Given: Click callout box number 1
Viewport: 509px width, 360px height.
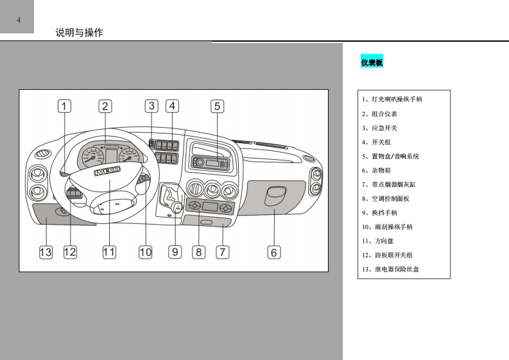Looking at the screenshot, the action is point(65,106).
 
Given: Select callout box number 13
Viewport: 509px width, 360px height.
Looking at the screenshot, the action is point(46,252).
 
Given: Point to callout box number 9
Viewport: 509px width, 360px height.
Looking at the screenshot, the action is point(175,252).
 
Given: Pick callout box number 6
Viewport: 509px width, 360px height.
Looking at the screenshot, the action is point(273,252).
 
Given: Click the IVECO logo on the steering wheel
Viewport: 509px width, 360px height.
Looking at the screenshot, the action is point(107,172).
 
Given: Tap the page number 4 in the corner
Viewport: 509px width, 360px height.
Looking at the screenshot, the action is point(18,20).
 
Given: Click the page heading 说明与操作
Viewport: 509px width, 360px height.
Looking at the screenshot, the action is point(79,33).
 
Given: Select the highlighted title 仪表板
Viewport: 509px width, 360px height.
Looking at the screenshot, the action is point(372,62).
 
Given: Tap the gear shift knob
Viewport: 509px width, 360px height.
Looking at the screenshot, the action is point(174,207).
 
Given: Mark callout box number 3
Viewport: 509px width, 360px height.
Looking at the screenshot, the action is point(151,106).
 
